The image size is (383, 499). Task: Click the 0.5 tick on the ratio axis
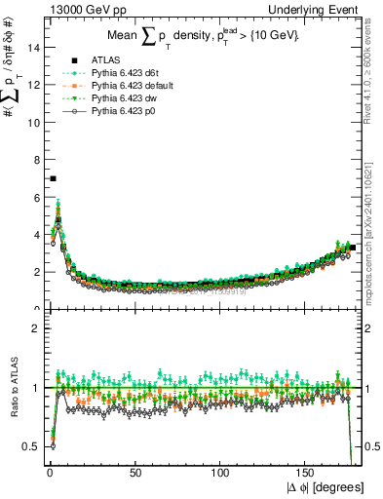tap(31, 446)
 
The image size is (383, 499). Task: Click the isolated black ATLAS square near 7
tap(53, 178)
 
